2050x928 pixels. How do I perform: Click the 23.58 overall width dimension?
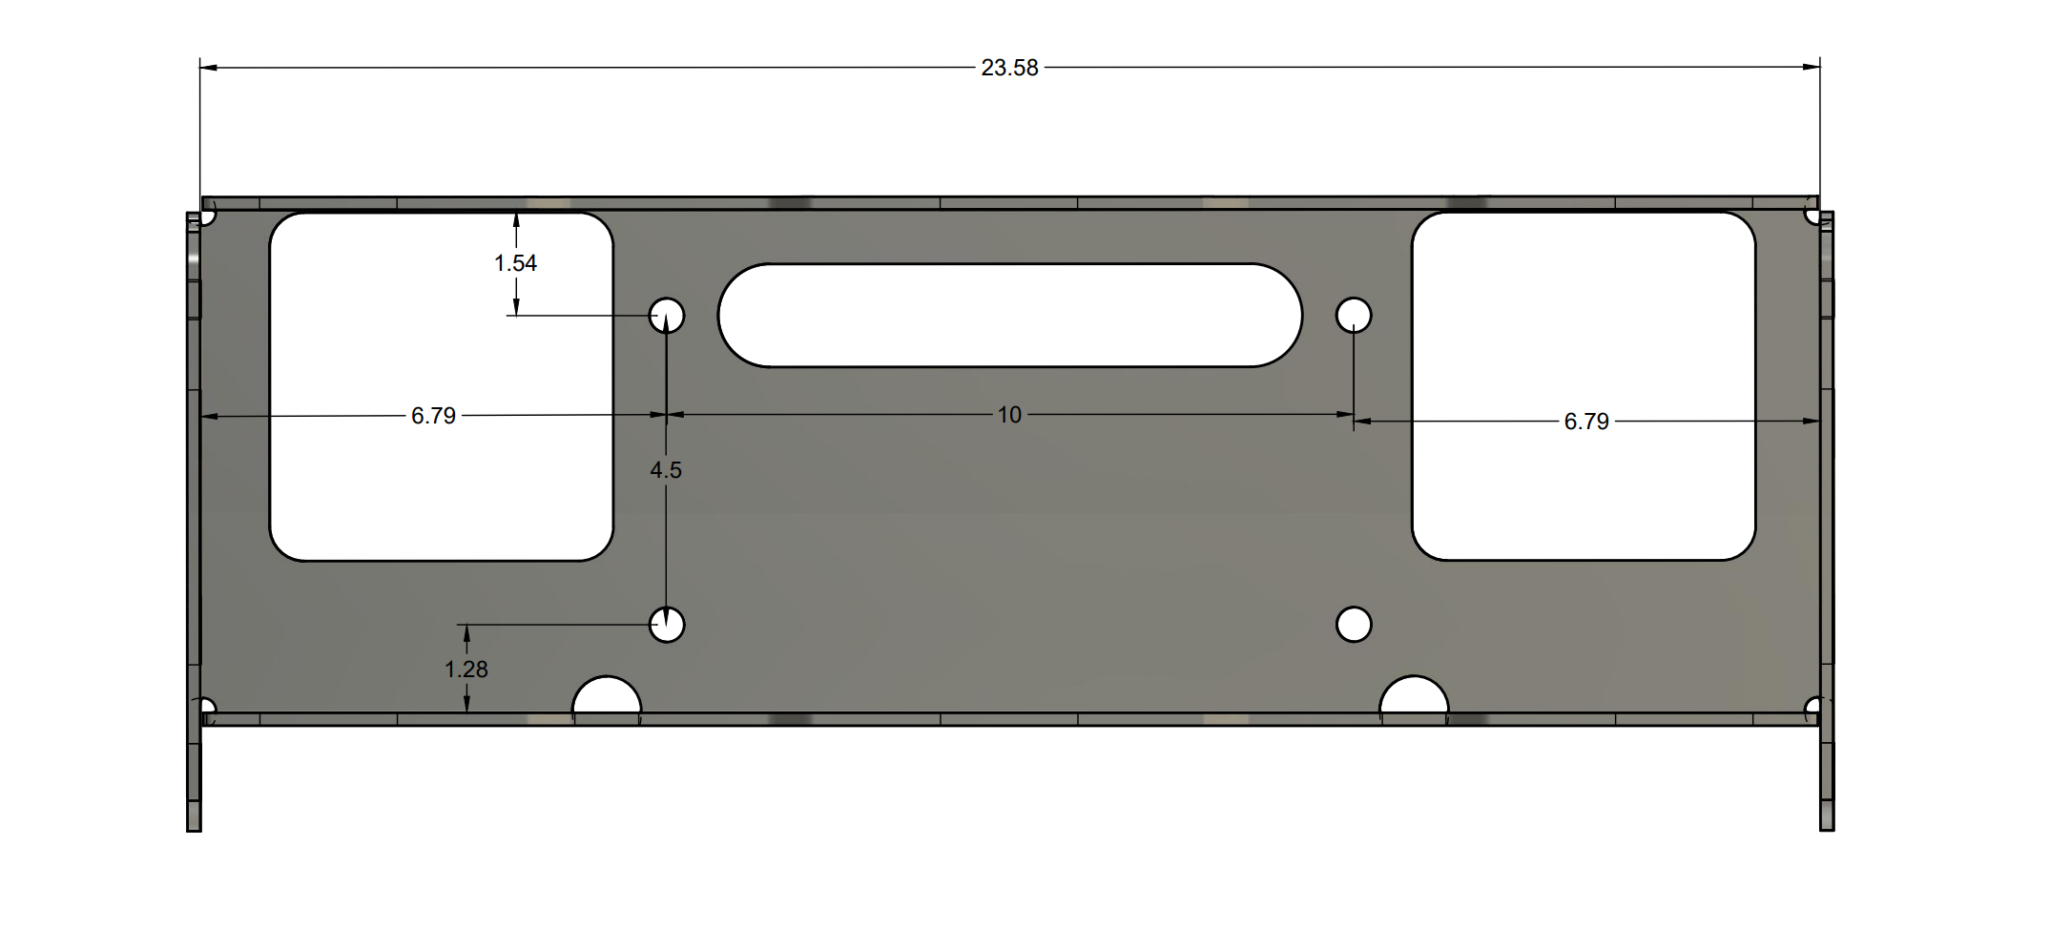1009,68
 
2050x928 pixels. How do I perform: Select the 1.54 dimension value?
515,263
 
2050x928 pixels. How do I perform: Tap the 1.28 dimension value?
466,670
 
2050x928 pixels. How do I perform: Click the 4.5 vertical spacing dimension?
666,470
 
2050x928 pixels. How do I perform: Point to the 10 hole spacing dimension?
1009,415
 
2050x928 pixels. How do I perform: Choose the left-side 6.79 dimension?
433,416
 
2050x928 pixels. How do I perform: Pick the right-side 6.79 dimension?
1585,422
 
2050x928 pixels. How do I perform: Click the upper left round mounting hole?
667,315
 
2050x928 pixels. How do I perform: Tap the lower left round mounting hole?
667,625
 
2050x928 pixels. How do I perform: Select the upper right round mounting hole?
1354,315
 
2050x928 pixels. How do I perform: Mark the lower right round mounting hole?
1354,625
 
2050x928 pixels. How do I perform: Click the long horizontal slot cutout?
1009,315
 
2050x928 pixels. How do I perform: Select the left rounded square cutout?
441,386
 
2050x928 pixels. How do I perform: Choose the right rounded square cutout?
1583,386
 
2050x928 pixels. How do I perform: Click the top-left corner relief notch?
207,217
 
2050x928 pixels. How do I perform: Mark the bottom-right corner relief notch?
1813,707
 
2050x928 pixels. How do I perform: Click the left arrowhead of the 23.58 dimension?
208,68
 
